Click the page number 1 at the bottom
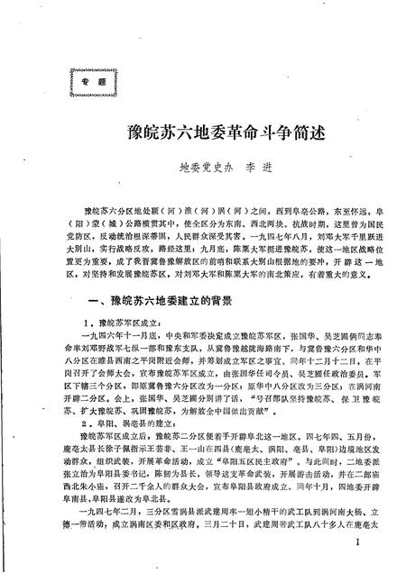pyautogui.click(x=358, y=541)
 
